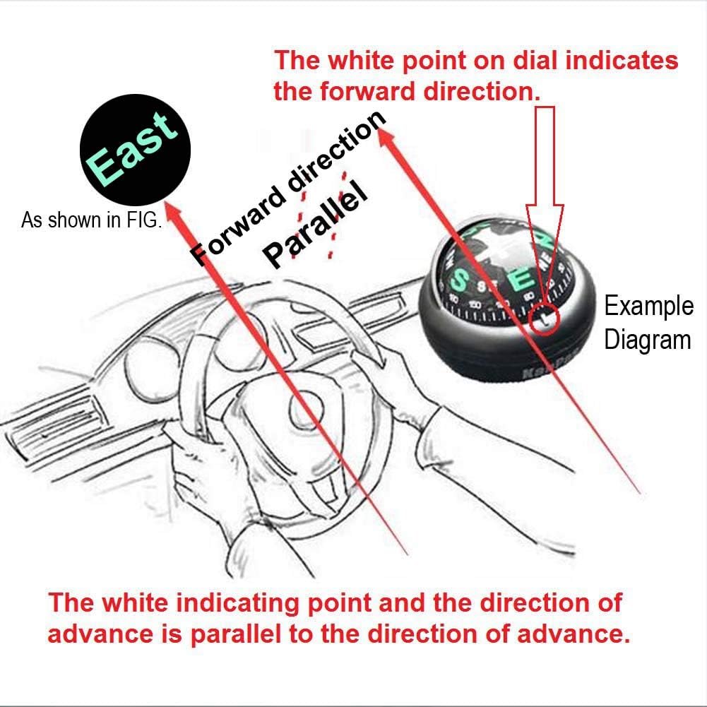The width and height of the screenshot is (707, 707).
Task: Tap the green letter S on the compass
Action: pyautogui.click(x=460, y=280)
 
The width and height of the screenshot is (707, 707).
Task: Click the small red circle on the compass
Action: pyautogui.click(x=544, y=319)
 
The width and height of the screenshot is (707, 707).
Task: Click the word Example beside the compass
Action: pyautogui.click(x=648, y=307)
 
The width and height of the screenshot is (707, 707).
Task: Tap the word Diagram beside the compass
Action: pyautogui.click(x=647, y=340)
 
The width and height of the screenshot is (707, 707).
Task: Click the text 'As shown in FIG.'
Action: pyautogui.click(x=92, y=220)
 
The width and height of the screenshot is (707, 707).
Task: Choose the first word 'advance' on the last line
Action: pyautogui.click(x=100, y=634)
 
